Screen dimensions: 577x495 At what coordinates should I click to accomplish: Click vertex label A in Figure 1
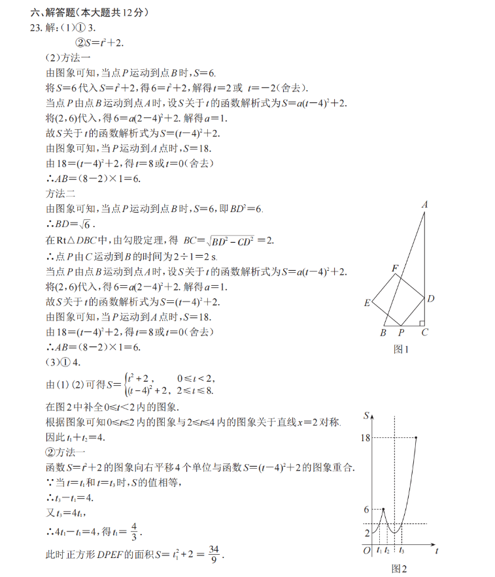(x=424, y=205)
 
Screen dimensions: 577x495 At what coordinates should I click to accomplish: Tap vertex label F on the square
(x=394, y=268)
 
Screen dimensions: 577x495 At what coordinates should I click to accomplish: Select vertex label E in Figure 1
(x=367, y=303)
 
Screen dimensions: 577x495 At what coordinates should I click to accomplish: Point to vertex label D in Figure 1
(x=431, y=299)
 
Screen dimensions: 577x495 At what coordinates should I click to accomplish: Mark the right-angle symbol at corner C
(x=422, y=322)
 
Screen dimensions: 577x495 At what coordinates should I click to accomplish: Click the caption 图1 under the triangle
(x=401, y=349)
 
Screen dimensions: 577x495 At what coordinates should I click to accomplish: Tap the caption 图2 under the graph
(x=399, y=569)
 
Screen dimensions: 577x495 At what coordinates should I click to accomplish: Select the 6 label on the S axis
(x=366, y=510)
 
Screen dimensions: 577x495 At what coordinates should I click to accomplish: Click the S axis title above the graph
(x=366, y=416)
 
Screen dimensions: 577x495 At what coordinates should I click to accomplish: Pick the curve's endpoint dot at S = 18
(x=416, y=437)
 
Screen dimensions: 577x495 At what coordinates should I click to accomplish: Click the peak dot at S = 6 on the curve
(x=383, y=509)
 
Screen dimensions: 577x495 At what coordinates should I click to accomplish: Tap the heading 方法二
(x=61, y=193)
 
